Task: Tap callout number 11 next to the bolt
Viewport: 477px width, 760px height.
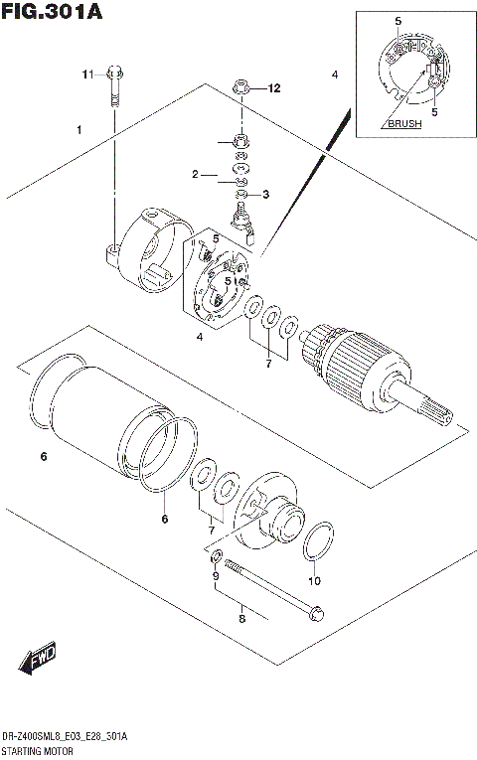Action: (x=87, y=74)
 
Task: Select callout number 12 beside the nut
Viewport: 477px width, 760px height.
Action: (x=275, y=88)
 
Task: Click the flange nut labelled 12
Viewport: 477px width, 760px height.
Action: (x=240, y=88)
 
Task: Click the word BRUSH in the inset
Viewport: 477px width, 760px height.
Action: (x=403, y=124)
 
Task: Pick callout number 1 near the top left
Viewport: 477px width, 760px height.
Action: (x=78, y=130)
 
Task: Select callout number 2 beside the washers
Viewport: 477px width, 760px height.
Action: (x=197, y=175)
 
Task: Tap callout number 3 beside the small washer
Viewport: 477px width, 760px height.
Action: (x=265, y=194)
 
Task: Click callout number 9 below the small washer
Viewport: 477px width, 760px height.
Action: (x=214, y=576)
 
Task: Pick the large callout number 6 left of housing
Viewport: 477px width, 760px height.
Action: (x=43, y=457)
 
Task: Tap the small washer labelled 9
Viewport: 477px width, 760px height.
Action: (x=218, y=554)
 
